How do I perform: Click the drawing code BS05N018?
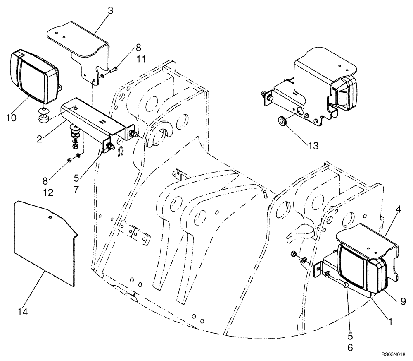click(x=395, y=355)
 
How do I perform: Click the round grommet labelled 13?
click(x=282, y=122)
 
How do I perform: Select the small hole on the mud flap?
click(x=50, y=217)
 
